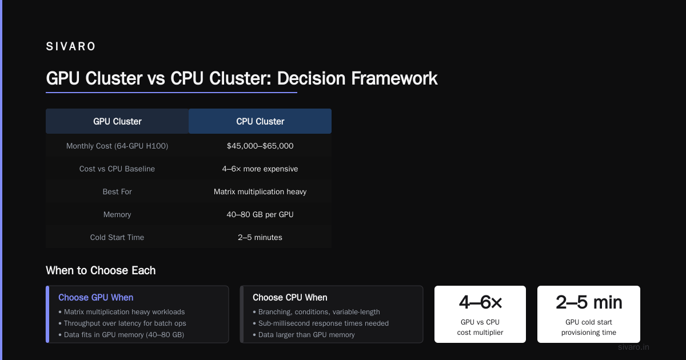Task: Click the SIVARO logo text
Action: point(70,46)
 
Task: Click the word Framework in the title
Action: point(394,78)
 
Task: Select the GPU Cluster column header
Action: point(117,121)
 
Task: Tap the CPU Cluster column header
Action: point(260,121)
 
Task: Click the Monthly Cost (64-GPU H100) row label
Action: point(117,146)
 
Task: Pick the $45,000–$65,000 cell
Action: point(260,146)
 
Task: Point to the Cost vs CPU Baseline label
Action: point(117,169)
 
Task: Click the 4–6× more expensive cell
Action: point(260,169)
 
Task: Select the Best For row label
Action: point(117,191)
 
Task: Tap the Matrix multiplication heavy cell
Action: point(260,191)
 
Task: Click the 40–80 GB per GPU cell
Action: point(260,214)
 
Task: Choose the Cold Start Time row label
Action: point(117,237)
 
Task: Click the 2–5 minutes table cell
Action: point(260,237)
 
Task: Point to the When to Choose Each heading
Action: point(101,270)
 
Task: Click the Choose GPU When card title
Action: point(96,297)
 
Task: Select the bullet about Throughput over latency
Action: point(122,323)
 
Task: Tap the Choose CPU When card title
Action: point(290,297)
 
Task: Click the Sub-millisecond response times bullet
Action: point(321,323)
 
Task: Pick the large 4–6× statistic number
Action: point(480,302)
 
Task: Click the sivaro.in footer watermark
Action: point(633,347)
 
